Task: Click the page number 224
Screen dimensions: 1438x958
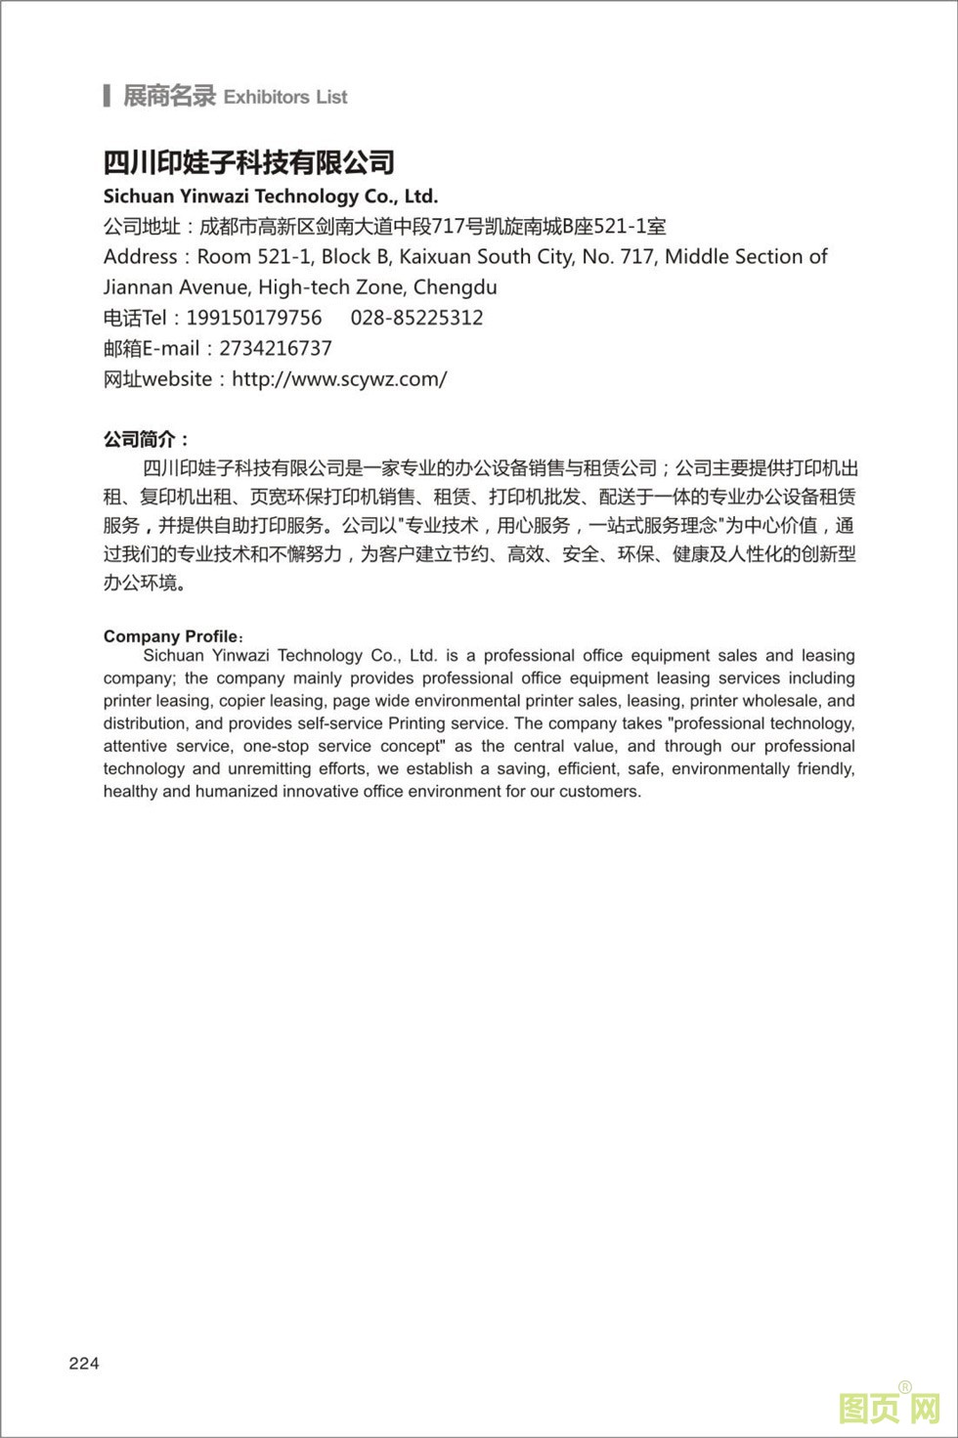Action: [84, 1364]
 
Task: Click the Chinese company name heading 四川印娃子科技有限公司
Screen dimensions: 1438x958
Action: [249, 162]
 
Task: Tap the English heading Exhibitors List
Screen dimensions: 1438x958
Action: [285, 97]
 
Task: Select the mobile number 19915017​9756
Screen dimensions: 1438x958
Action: [254, 318]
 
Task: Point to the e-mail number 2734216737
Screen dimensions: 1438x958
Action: [276, 348]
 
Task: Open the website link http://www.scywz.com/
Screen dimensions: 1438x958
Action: [339, 379]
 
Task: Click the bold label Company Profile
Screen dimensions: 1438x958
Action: [170, 636]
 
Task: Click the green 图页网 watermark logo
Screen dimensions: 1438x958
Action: [889, 1409]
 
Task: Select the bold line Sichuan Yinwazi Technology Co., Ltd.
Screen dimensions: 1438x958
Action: [271, 196]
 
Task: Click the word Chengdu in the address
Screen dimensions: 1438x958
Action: [455, 287]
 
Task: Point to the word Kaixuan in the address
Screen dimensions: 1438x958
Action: [436, 257]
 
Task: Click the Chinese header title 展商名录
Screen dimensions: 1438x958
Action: [168, 96]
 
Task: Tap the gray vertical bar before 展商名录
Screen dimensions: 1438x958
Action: [107, 96]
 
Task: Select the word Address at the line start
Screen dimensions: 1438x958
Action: [140, 257]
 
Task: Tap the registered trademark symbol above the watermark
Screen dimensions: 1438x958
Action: [904, 1387]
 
